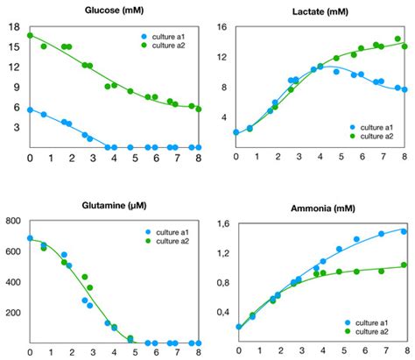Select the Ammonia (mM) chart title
click(316, 210)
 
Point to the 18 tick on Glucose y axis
click(14, 27)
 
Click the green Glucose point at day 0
click(31, 36)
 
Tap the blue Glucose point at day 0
click(31, 110)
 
